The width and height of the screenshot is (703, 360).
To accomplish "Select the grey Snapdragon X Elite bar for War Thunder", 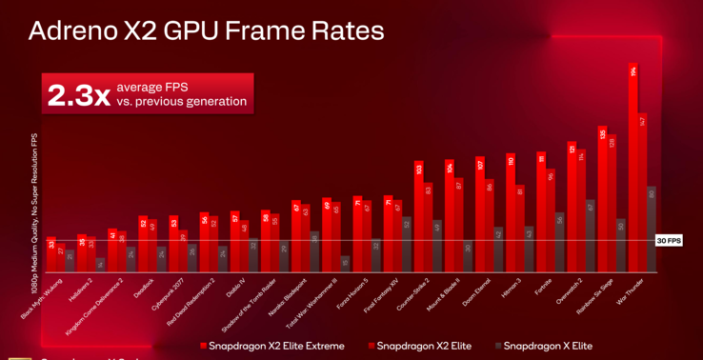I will [x=652, y=229].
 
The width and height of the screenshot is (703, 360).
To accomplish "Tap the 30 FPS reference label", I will [x=670, y=241].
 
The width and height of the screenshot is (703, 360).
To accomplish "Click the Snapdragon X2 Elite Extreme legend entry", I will [x=270, y=345].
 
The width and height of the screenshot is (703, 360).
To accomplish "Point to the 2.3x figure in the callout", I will [x=79, y=94].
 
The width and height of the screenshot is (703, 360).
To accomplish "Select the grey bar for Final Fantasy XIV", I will [x=407, y=244].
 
